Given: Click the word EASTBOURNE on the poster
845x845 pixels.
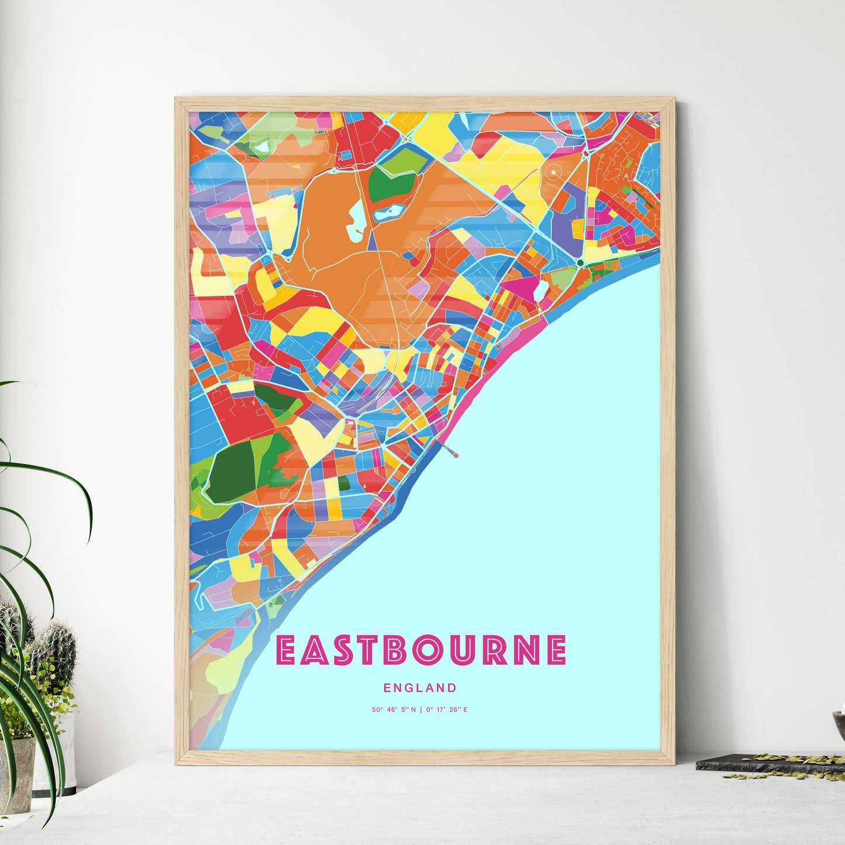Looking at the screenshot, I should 420,650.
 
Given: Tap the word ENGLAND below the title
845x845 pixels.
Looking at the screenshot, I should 420,688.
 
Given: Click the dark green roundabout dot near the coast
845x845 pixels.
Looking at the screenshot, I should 580,264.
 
